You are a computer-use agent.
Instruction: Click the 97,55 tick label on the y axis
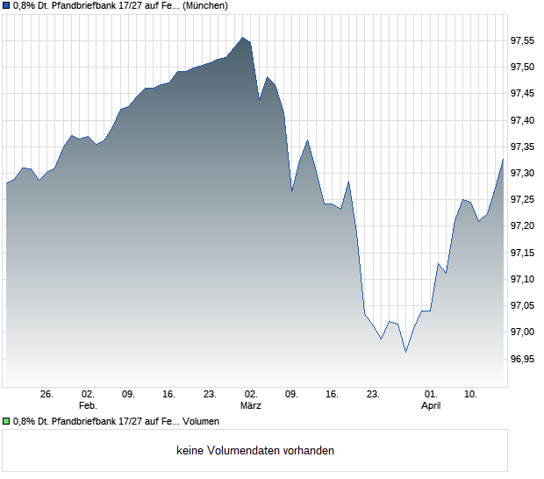coord(523,40)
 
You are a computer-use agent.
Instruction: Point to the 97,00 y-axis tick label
coord(523,332)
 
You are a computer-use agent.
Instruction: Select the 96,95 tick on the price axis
coord(523,359)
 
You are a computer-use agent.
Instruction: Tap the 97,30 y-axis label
coord(523,173)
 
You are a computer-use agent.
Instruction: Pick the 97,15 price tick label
coord(523,253)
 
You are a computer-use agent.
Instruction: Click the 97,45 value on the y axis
coord(523,93)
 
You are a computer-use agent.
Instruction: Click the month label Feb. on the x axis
coord(87,406)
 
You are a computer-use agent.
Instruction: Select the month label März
coord(251,406)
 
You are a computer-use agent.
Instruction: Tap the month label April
coord(430,406)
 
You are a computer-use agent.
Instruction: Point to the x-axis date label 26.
coord(47,395)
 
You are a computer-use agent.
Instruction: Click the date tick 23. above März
coord(210,395)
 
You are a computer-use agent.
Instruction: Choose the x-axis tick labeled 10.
coord(471,395)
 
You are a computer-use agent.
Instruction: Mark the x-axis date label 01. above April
coord(430,395)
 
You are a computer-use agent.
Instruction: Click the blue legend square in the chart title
coord(6,5)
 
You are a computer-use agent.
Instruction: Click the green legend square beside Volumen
coord(6,421)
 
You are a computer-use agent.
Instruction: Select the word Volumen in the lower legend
coord(201,421)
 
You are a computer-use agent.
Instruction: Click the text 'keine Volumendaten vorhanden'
coord(255,451)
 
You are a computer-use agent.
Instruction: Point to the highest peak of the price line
coord(243,38)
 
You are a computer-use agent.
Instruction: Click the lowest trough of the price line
coord(405,352)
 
